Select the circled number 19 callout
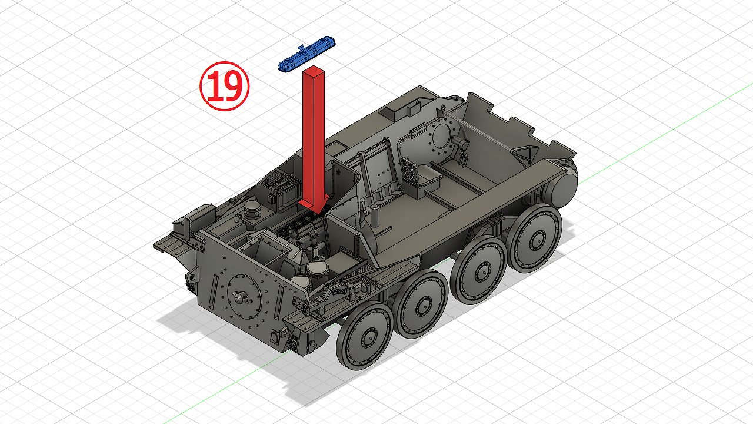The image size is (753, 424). [x=225, y=86]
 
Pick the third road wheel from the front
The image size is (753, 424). [x=479, y=270]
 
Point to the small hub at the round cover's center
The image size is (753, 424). [x=241, y=297]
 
